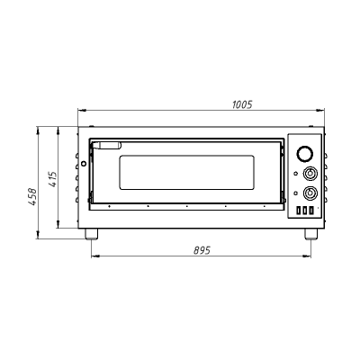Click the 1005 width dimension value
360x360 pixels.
click(x=242, y=104)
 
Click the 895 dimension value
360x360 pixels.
click(x=202, y=250)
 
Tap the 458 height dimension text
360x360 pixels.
click(x=32, y=197)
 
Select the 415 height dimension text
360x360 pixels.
click(x=52, y=179)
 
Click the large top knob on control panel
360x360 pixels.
click(x=304, y=153)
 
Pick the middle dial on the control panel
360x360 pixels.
click(x=309, y=174)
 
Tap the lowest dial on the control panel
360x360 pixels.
click(x=309, y=193)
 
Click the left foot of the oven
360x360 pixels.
click(x=92, y=234)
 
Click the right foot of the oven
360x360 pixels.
click(x=311, y=234)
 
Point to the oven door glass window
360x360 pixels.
click(x=186, y=173)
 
